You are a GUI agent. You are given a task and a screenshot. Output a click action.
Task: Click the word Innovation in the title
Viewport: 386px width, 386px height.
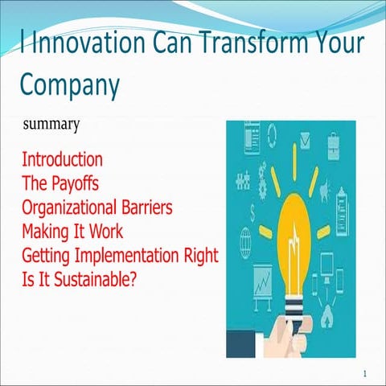tap(79, 42)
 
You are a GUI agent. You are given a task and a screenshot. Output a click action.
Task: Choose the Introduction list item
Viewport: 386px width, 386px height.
tap(62, 158)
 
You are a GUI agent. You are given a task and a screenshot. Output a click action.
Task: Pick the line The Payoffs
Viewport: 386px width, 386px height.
tap(60, 175)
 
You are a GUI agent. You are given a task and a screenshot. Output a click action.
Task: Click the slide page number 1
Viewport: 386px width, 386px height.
tap(365, 374)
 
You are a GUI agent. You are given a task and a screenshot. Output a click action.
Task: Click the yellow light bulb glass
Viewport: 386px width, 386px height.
tap(292, 233)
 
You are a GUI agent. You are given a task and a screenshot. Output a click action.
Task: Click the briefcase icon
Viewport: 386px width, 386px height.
tap(334, 145)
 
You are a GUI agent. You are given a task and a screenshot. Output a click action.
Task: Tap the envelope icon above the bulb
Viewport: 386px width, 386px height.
tap(306, 143)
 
